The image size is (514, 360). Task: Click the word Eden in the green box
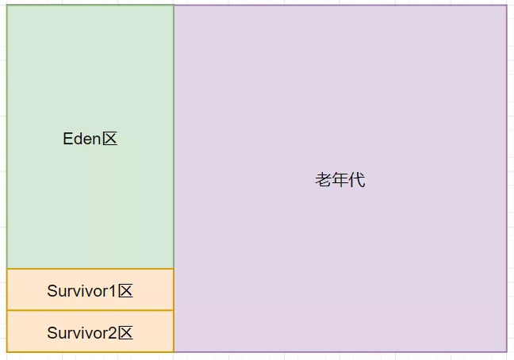[x=82, y=139]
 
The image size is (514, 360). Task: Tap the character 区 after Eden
[x=109, y=139]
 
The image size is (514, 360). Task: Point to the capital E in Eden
[x=67, y=139]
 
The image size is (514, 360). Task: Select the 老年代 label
[x=339, y=180]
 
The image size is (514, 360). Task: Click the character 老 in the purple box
[x=323, y=180]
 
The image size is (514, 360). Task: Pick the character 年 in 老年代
[x=339, y=180]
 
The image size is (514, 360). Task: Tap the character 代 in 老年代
[x=357, y=180]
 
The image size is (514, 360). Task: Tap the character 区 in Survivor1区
[x=125, y=291]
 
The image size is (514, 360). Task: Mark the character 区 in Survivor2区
[x=125, y=332]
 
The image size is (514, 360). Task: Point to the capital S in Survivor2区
[x=52, y=332]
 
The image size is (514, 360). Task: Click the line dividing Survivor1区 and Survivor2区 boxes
[x=90, y=310]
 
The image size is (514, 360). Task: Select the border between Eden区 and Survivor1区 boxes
[x=90, y=269]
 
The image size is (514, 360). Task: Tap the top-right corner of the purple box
[x=506, y=6]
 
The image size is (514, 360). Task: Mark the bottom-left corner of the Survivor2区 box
[x=7, y=351]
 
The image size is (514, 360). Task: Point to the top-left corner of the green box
[x=7, y=6]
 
